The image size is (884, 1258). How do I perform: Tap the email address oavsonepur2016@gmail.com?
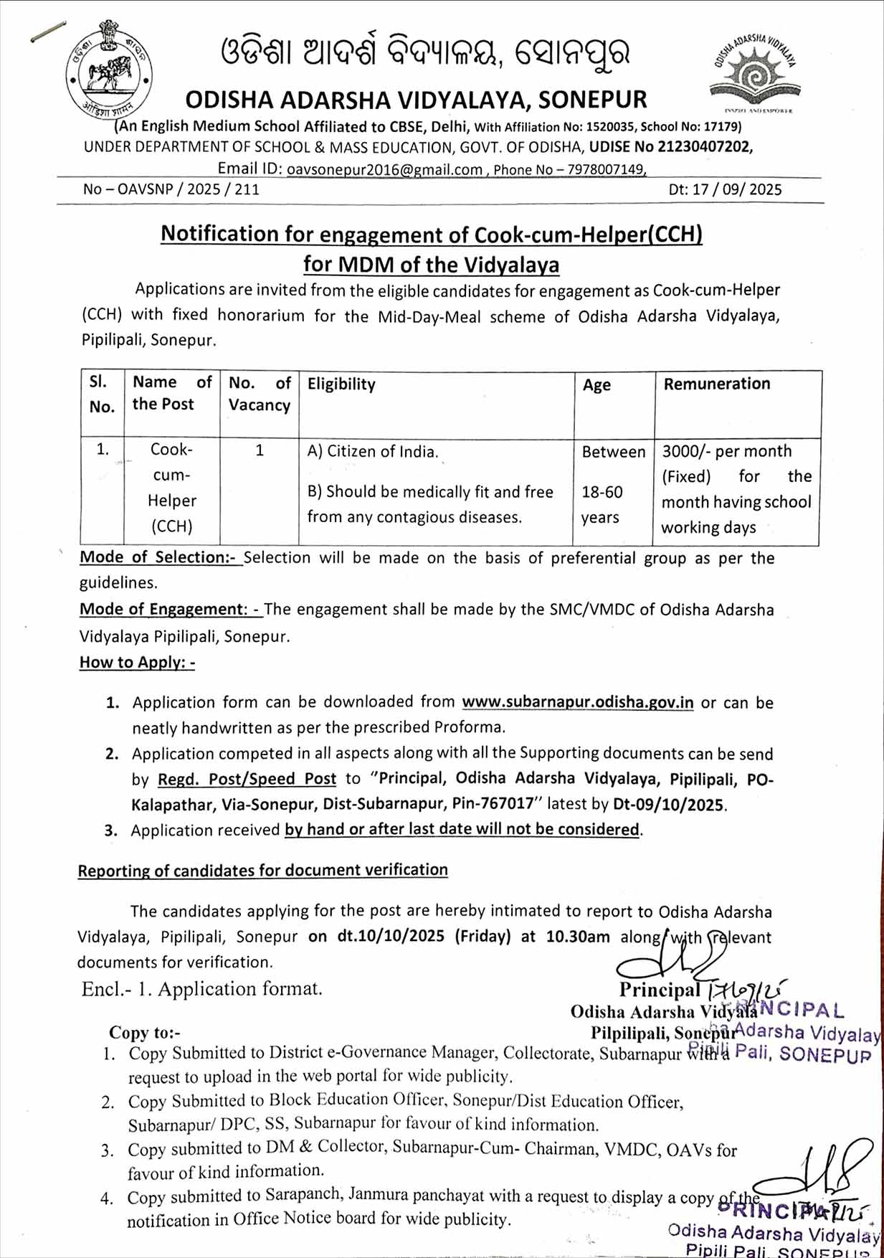click(x=384, y=170)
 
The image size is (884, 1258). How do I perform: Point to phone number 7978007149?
click(x=607, y=170)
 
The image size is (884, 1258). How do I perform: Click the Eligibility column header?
click(x=341, y=384)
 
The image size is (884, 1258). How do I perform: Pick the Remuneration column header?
click(x=717, y=384)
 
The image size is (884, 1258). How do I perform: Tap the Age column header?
click(x=597, y=385)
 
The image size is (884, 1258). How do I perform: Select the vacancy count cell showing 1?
click(x=260, y=450)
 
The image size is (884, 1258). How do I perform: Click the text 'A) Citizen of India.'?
click(x=373, y=452)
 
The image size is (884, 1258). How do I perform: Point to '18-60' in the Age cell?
click(x=602, y=492)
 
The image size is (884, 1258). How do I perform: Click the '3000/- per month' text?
click(x=727, y=451)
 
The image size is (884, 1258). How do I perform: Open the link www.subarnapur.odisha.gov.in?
click(x=577, y=702)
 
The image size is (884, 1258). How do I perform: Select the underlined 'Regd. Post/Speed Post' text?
click(x=247, y=779)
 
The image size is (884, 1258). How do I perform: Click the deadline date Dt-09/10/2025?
click(x=667, y=805)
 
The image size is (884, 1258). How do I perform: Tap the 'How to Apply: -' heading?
click(x=137, y=662)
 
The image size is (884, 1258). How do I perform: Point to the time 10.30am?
click(x=578, y=937)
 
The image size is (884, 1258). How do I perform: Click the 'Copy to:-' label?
click(x=144, y=1033)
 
